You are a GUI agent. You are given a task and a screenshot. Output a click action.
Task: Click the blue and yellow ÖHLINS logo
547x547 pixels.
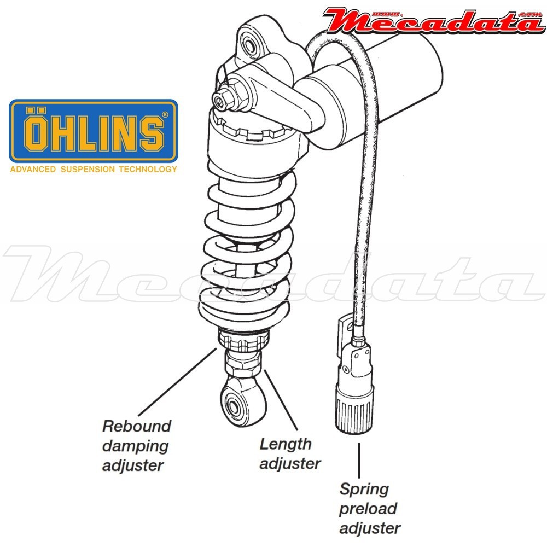pos(94,131)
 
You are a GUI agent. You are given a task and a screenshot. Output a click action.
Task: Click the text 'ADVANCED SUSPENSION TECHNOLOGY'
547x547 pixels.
pos(94,170)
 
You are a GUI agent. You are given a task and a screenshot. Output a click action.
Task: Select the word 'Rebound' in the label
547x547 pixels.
pos(137,426)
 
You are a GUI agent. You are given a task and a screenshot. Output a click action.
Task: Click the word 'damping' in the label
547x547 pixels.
pos(135,446)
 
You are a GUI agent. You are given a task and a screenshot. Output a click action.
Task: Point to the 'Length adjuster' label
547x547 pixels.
pos(290,454)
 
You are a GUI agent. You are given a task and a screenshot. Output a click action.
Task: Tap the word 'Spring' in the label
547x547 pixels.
pos(364,489)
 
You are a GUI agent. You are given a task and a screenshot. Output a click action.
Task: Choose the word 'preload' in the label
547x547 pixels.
pos(368,509)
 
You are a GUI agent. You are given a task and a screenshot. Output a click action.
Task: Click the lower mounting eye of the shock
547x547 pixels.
pos(238,404)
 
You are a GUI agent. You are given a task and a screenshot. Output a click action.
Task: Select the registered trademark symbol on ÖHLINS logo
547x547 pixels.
pos(166,115)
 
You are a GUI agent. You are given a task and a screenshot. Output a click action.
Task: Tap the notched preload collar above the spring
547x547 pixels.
pos(252,131)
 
